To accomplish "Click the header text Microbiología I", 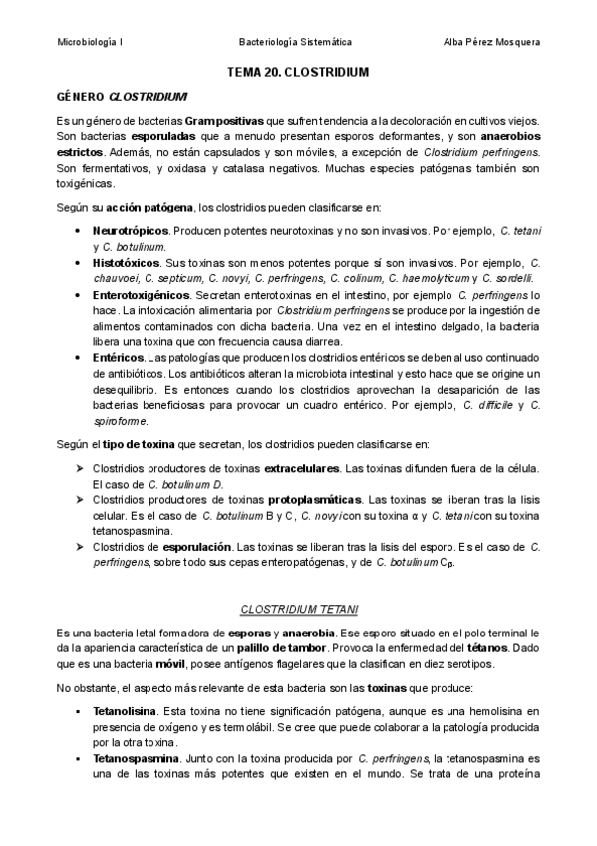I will click(x=91, y=42).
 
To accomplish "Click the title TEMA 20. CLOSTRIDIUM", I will click(x=298, y=73).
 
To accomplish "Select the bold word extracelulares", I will click(x=301, y=467).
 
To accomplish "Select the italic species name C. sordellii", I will click(x=511, y=277).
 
